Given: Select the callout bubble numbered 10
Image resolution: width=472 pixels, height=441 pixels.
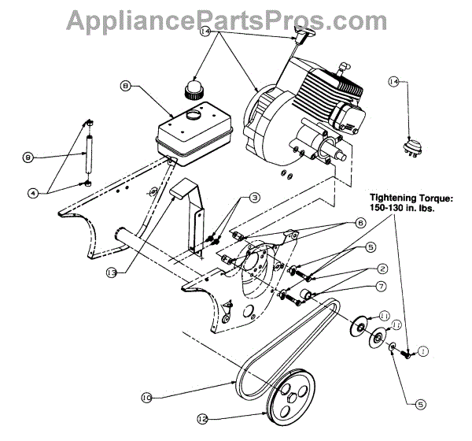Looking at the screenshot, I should pos(148,398).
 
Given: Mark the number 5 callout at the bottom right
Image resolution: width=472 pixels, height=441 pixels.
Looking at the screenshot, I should pos(421,405).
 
